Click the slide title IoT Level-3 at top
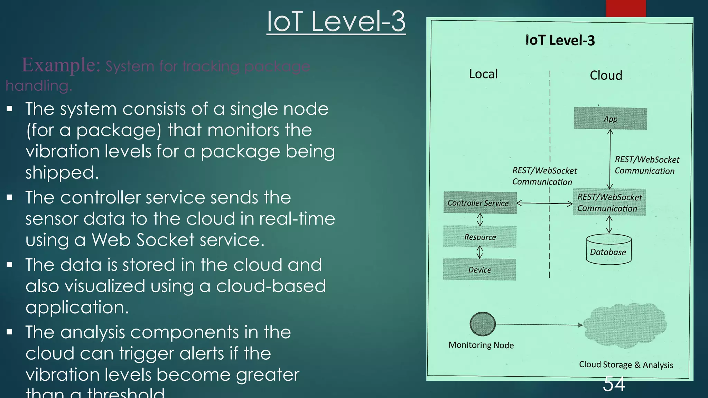point(336,21)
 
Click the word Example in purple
point(61,65)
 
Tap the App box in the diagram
point(610,119)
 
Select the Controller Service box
point(479,203)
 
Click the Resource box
point(479,237)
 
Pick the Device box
point(479,269)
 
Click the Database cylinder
point(608,250)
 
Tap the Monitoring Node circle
point(483,324)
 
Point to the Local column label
point(483,74)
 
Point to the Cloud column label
point(606,75)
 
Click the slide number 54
point(614,384)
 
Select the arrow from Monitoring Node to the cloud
point(539,325)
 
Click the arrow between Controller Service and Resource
point(480,219)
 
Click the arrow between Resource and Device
point(479,252)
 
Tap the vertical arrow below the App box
point(610,159)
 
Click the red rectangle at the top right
point(625,8)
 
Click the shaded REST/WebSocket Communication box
point(609,202)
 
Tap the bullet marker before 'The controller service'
point(9,197)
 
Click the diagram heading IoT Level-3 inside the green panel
point(560,40)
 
